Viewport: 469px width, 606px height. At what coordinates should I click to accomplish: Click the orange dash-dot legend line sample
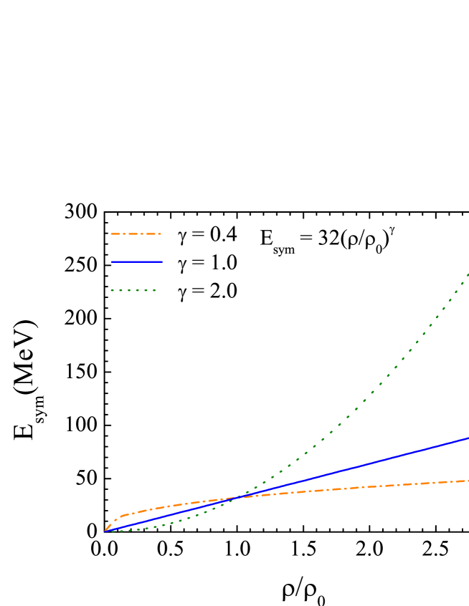coord(136,234)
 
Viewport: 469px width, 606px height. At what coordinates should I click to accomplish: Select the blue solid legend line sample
coord(136,262)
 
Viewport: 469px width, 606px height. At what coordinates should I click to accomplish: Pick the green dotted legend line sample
coord(133,291)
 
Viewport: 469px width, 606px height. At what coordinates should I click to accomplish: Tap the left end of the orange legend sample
coord(111,234)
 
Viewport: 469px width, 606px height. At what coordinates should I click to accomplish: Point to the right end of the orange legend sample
coord(161,234)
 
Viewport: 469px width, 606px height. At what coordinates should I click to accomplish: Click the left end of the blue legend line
coord(111,262)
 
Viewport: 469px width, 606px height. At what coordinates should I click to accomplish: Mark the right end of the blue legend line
coord(163,262)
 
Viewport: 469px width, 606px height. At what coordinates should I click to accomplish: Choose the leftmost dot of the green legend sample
coord(112,291)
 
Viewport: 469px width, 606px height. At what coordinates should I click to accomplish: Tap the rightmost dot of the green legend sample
coord(154,291)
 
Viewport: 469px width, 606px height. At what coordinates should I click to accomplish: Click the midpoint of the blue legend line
coord(137,262)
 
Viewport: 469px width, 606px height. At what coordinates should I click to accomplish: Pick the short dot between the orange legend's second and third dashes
coord(142,234)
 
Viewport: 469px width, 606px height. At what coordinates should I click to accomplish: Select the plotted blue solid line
coord(359,466)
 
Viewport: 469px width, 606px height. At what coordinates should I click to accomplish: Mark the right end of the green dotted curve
coord(468,274)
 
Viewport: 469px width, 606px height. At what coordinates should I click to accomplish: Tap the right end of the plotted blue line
coord(468,438)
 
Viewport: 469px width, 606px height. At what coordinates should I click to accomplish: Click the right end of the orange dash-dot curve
coord(468,481)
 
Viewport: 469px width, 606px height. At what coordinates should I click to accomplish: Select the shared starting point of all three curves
coord(105,532)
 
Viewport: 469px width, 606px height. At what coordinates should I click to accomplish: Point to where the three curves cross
coord(240,496)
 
